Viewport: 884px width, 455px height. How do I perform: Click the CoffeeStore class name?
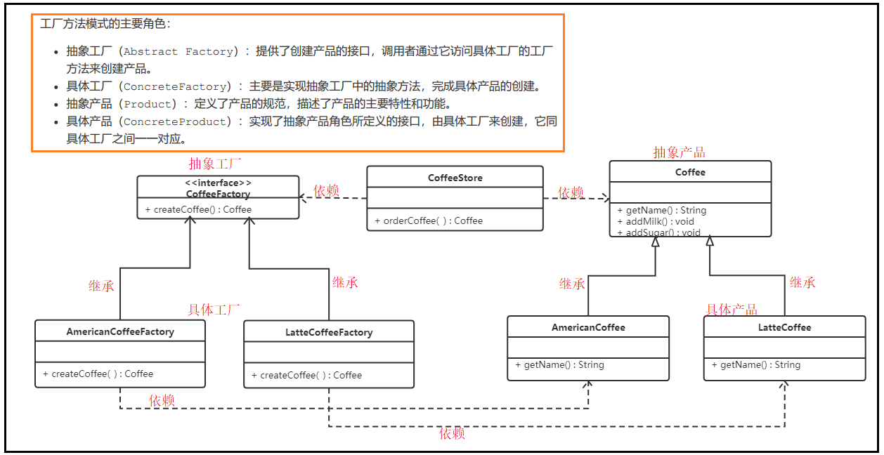coord(455,178)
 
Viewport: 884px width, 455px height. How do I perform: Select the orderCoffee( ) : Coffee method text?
coord(429,220)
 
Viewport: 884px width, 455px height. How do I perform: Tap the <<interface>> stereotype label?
coord(217,183)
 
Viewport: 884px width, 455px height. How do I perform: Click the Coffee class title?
coord(690,172)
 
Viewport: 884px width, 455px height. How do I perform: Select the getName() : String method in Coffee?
coord(661,210)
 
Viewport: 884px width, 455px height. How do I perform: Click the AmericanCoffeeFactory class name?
coord(120,331)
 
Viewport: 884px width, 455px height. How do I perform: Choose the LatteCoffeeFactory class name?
coord(329,332)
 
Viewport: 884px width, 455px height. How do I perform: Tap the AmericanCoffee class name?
coord(588,327)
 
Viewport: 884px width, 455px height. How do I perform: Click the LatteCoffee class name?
coord(784,327)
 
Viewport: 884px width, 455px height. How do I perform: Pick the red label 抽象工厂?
coord(215,164)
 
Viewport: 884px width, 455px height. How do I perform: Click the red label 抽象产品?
coord(679,152)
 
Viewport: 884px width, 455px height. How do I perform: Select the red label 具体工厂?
coord(214,310)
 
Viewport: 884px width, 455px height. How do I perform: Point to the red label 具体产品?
coord(732,310)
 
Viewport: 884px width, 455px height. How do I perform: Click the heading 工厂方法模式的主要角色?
coord(105,24)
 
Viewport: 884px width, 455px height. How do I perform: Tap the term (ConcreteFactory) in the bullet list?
coord(176,86)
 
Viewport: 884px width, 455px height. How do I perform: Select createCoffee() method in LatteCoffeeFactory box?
coord(306,375)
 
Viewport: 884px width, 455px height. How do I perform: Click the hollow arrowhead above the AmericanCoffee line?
coord(655,242)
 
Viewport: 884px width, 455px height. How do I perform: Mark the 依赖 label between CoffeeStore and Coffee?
coord(571,192)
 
